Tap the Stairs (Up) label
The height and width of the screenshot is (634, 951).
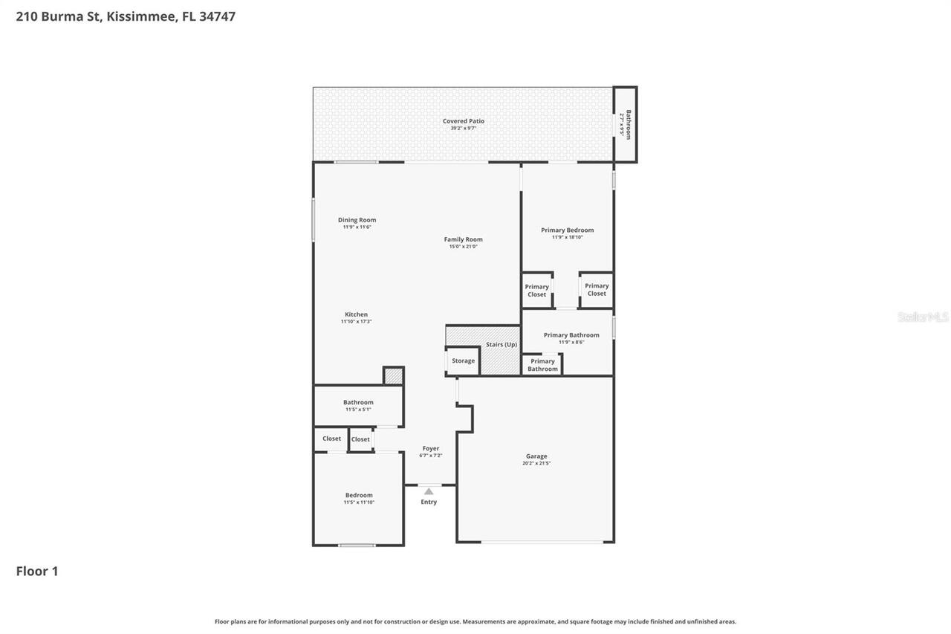pyautogui.click(x=502, y=344)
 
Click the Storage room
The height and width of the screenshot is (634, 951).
pyautogui.click(x=463, y=360)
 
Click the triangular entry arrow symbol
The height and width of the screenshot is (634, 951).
pyautogui.click(x=429, y=491)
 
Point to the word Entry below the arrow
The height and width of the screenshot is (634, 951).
pyautogui.click(x=429, y=502)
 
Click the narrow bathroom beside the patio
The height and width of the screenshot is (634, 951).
pyautogui.click(x=625, y=124)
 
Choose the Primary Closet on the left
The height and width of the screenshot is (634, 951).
pyautogui.click(x=536, y=290)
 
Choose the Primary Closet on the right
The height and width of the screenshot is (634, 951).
pyautogui.click(x=597, y=289)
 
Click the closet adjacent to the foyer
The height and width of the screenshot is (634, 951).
pyautogui.click(x=360, y=439)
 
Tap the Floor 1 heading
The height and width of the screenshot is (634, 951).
pyautogui.click(x=37, y=571)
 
